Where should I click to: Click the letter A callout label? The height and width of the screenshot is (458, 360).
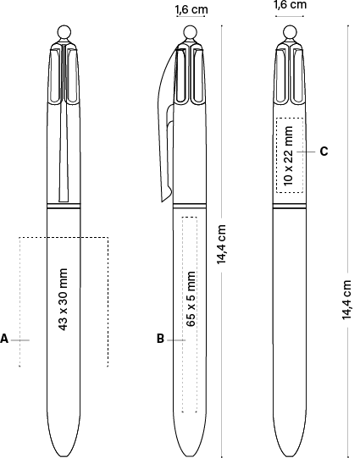coord(4,339)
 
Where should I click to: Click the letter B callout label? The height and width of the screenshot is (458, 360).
coord(160,339)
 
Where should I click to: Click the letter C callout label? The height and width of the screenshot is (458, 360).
coord(324,152)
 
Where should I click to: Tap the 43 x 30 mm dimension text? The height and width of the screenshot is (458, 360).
coord(64,300)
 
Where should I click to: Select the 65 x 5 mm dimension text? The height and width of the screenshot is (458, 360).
coord(191,299)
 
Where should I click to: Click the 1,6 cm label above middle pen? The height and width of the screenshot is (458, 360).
coord(191,9)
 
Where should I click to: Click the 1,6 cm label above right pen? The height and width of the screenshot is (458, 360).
coord(291,5)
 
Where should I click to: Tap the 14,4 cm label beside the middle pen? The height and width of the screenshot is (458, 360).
coord(221,245)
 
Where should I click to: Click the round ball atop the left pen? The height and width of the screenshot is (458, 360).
coord(64,32)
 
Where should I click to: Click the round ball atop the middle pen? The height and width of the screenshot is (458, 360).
coord(191,32)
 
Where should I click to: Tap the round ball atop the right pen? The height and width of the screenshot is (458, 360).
coord(290,32)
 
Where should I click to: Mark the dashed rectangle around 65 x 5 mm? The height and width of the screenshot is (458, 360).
coord(183,314)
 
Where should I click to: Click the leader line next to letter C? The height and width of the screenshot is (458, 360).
coord(306,152)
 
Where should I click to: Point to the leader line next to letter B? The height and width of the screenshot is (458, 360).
coord(176,340)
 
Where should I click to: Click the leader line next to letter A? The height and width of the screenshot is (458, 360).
coord(20,340)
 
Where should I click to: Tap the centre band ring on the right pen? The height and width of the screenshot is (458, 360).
coord(290,207)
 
